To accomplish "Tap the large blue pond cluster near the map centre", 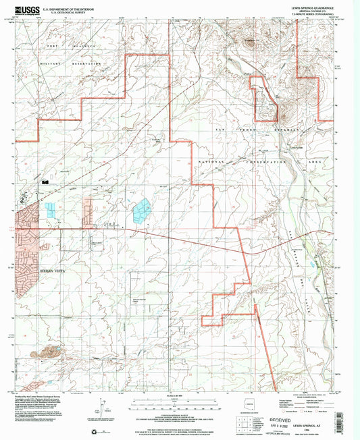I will click(143, 212).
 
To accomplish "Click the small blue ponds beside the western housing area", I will click(52, 209).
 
